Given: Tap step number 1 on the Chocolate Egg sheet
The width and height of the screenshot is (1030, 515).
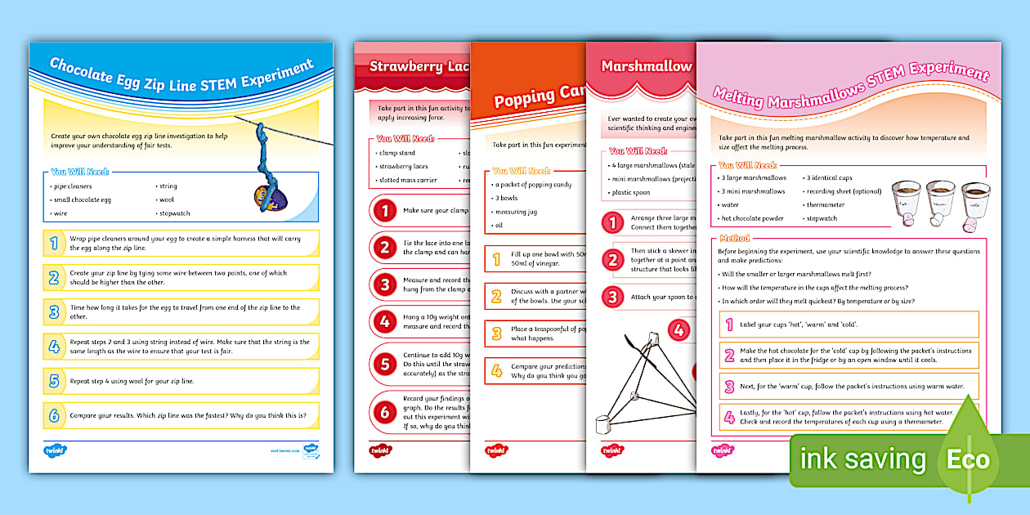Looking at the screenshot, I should (54, 243).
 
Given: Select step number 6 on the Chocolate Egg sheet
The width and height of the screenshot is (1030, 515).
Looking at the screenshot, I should (54, 416).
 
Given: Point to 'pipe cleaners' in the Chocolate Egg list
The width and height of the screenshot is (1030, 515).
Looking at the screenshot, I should (71, 186).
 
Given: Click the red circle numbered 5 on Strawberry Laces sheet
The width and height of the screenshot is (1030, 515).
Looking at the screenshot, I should (384, 365).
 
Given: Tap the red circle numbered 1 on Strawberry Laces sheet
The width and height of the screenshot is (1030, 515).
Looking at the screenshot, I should (384, 210).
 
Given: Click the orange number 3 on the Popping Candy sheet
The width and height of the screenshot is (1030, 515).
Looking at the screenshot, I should (496, 333).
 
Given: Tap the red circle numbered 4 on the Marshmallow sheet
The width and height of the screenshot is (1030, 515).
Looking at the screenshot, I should (678, 330).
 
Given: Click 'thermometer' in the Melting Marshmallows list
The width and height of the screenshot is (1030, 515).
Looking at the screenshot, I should (826, 205).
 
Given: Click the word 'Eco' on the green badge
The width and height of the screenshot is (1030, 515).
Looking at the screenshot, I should (968, 459).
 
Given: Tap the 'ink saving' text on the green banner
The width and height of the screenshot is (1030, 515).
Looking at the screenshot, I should (862, 459).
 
